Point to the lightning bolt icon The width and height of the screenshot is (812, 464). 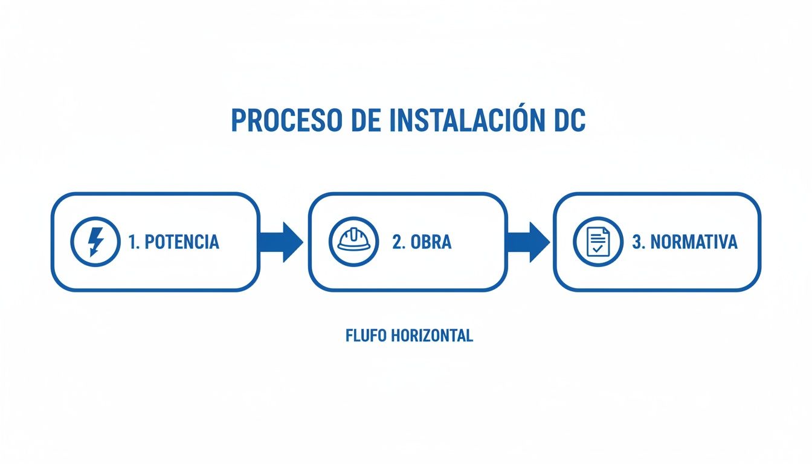(95, 242)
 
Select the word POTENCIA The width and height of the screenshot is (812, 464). (181, 242)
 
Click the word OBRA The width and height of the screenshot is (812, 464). (431, 242)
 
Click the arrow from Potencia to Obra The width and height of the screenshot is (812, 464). (281, 242)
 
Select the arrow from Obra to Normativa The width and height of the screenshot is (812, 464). (527, 242)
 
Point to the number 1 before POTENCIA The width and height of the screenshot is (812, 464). (132, 242)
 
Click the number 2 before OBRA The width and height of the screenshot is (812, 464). (397, 242)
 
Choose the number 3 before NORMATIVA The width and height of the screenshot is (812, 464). (637, 242)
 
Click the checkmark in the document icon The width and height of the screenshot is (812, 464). (598, 248)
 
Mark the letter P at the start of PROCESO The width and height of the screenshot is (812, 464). (239, 121)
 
